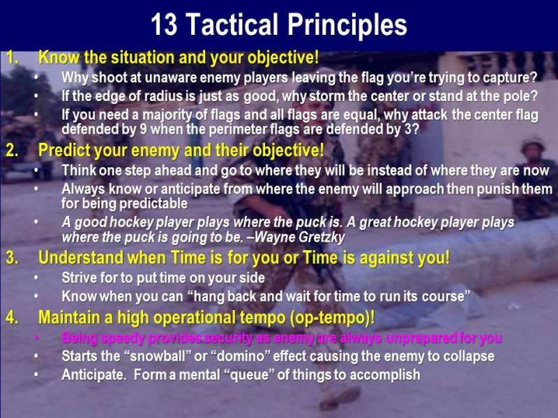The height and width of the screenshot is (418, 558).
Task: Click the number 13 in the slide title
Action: (x=164, y=24)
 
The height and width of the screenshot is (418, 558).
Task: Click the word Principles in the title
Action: (x=347, y=26)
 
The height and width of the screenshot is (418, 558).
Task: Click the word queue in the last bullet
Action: (x=252, y=376)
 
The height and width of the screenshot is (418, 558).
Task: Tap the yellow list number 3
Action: (x=12, y=258)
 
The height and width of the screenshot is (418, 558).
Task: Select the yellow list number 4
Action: (x=12, y=317)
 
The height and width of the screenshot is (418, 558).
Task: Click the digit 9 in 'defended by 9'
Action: (x=144, y=129)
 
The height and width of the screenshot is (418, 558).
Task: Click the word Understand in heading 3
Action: (x=81, y=258)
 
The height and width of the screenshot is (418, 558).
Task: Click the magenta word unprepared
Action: (x=421, y=339)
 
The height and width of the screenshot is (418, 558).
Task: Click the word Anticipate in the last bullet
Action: (x=93, y=375)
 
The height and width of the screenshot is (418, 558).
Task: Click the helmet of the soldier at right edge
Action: (x=534, y=144)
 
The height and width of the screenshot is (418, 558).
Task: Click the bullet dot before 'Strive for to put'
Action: (x=36, y=278)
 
